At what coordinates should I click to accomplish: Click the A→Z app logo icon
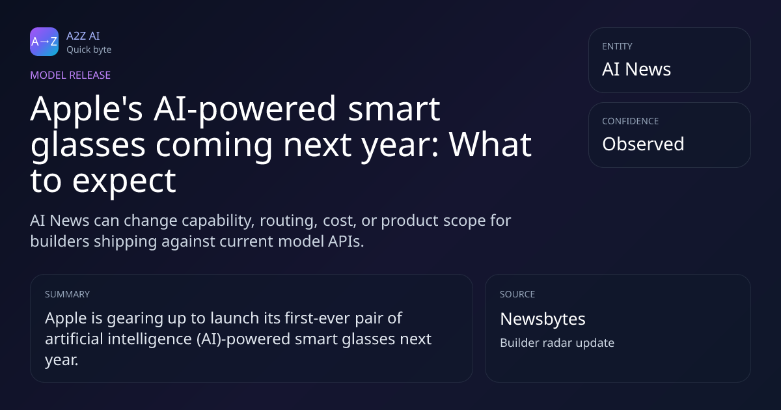point(44,42)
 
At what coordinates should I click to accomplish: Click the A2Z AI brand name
point(83,36)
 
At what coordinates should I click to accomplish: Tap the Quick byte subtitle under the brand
point(89,50)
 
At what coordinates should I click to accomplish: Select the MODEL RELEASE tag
point(70,75)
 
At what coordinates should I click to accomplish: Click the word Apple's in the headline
point(87,109)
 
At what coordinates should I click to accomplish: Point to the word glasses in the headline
point(88,146)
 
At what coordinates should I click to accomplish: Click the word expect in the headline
point(124,182)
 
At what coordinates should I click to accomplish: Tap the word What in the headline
point(490,144)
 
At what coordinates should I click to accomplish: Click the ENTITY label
point(617,46)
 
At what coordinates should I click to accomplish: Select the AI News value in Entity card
point(637,69)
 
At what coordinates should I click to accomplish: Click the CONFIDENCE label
point(631,121)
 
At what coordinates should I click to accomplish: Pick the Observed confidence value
point(643,144)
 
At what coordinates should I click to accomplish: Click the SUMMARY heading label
point(67,294)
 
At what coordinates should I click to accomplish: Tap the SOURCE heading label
point(517,294)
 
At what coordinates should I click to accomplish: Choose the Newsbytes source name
point(543,319)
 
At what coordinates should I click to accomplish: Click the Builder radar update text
point(557,343)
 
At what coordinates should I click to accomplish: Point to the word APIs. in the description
point(346,241)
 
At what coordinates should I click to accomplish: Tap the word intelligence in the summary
point(150,339)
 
